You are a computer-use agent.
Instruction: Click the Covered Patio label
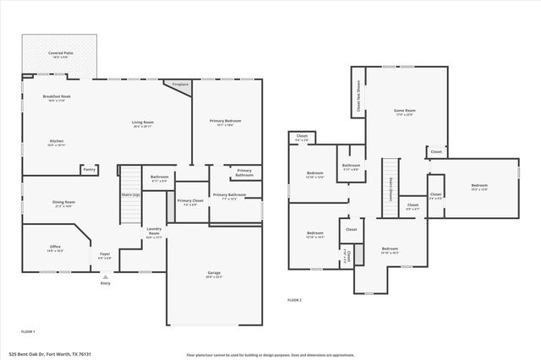(60, 52)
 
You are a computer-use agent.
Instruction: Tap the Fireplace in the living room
(180, 85)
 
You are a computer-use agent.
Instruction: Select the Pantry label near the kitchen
(89, 169)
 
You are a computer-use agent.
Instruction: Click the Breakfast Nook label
(59, 97)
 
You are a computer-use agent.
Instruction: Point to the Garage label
(214, 273)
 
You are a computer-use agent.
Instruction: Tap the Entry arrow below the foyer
(105, 276)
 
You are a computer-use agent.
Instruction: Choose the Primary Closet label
(190, 201)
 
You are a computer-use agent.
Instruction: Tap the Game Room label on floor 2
(404, 111)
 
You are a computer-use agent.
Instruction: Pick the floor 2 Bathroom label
(351, 166)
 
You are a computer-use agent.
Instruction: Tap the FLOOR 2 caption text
(294, 300)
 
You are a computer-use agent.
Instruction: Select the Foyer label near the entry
(106, 254)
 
